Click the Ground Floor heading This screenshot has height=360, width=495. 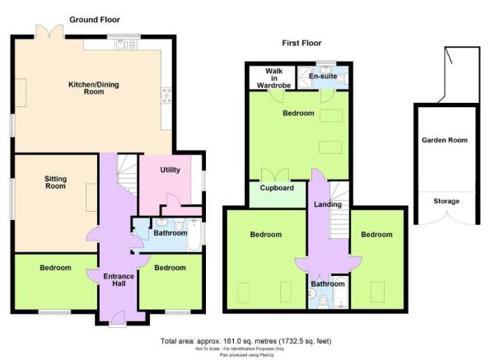[95, 20]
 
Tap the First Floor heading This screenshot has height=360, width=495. [301, 43]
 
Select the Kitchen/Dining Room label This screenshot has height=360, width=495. [94, 88]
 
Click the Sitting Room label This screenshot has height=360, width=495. [55, 183]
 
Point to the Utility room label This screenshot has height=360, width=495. [170, 170]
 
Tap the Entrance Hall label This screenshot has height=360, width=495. [119, 280]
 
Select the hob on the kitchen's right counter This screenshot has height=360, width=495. [166, 96]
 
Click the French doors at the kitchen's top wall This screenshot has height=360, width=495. [49, 31]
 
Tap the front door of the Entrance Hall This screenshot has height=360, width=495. [118, 318]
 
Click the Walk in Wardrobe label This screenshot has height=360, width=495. [273, 78]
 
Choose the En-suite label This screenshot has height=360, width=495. [323, 76]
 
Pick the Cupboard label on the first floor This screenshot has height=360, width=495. [277, 188]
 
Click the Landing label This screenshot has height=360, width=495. [328, 204]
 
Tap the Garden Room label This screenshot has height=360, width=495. [445, 140]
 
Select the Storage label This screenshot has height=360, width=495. [446, 201]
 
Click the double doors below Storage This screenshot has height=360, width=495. [446, 218]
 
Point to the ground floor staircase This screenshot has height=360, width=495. [128, 175]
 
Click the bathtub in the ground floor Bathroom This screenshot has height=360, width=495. [194, 235]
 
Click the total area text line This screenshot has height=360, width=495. [246, 341]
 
